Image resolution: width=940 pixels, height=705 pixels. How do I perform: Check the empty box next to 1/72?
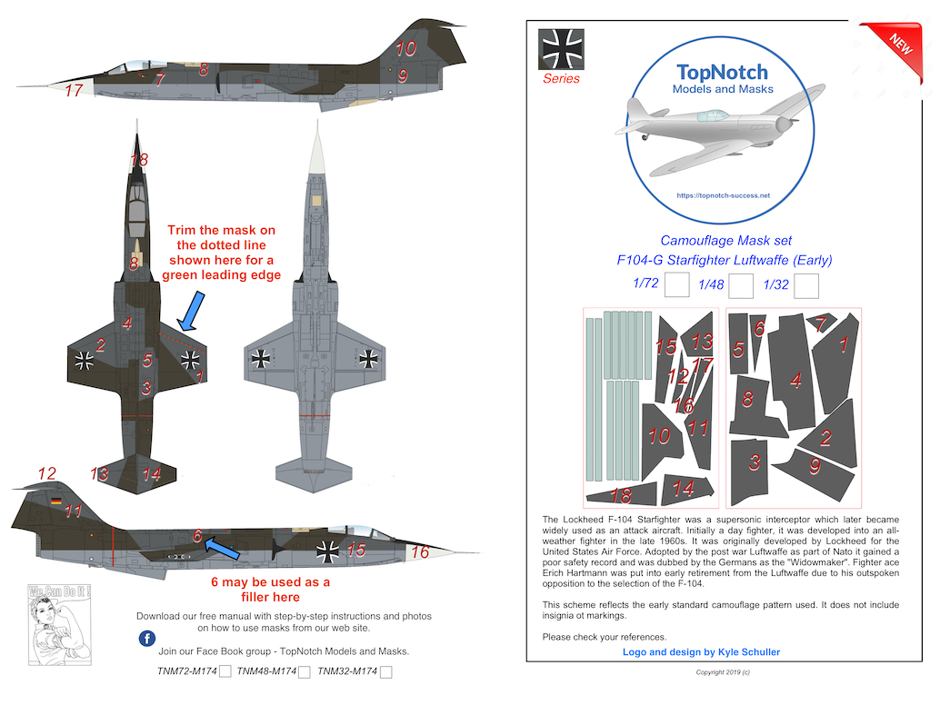point(675,286)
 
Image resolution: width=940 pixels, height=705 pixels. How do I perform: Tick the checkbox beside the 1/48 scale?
point(741,286)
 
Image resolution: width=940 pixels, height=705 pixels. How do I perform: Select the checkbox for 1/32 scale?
point(806,286)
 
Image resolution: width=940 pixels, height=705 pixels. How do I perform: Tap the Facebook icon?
point(147,639)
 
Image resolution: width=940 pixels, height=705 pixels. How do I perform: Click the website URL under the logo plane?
point(724,195)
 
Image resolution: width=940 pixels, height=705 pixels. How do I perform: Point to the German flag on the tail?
point(56,501)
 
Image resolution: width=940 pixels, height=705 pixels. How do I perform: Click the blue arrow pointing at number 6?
point(221,548)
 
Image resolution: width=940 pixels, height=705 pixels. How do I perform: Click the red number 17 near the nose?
point(74,90)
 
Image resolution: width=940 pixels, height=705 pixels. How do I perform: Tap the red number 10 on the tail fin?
point(405,48)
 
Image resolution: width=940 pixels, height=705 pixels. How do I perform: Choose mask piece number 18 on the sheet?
point(622,495)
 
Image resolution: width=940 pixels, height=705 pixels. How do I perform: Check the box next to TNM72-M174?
point(225,672)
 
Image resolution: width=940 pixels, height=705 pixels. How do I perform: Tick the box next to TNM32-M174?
point(386,672)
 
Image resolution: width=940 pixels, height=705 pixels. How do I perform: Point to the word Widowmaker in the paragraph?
point(740,564)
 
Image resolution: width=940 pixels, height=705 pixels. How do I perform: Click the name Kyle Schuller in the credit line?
point(742,652)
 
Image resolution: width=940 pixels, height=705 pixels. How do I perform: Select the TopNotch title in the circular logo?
point(722,73)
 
